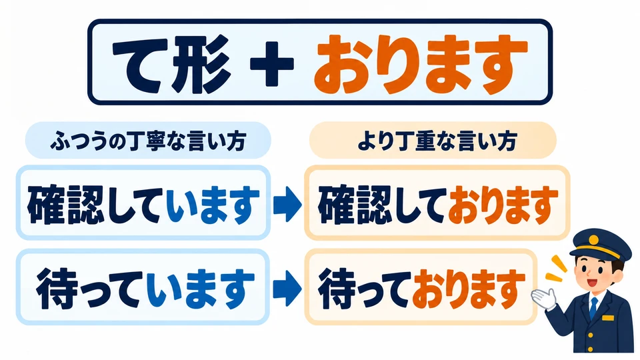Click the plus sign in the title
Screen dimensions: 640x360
tap(272, 63)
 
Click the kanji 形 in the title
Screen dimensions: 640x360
tap(200, 63)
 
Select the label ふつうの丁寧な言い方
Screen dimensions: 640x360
tap(148, 141)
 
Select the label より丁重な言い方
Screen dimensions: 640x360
tap(437, 141)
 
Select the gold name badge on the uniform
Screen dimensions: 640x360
tap(608, 318)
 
